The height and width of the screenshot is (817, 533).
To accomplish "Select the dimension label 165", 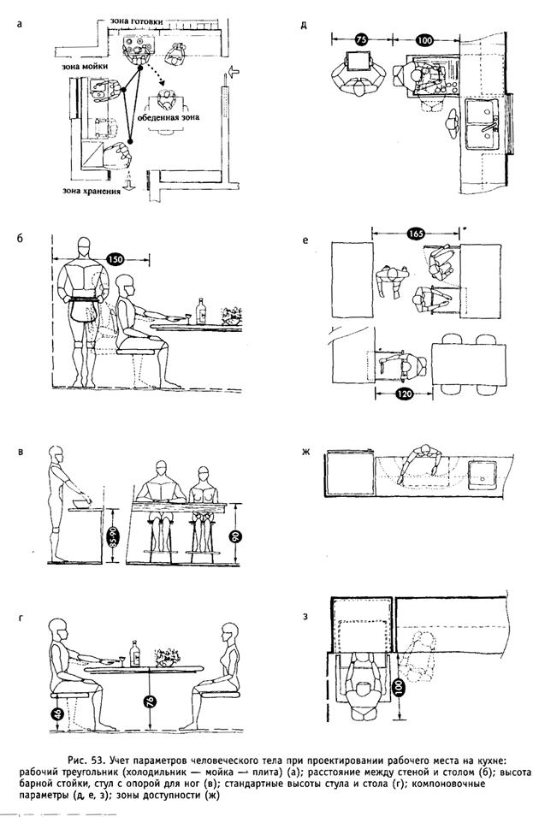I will click(x=417, y=235).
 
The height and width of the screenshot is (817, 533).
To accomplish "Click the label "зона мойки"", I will click(x=81, y=65).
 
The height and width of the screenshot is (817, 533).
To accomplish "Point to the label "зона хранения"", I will click(x=87, y=192).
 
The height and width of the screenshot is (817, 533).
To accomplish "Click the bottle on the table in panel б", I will click(x=202, y=310).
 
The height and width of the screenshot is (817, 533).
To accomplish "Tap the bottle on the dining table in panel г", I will click(x=134, y=653).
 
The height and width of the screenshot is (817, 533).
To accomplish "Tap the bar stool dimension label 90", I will click(x=238, y=538).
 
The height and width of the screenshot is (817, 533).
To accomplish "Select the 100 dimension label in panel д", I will click(x=425, y=38).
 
